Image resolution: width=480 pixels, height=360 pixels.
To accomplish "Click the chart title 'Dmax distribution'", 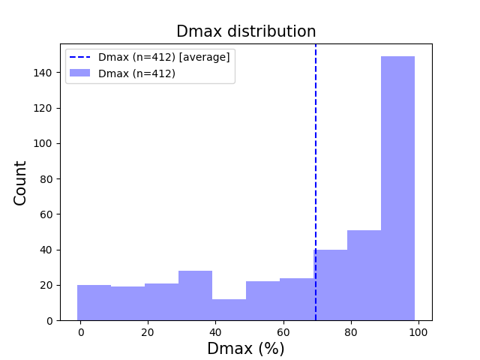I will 246,31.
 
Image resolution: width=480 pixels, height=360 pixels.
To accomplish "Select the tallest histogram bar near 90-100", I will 397,188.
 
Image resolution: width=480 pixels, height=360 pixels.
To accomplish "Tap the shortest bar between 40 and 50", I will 229,310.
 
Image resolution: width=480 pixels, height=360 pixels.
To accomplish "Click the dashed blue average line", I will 316,150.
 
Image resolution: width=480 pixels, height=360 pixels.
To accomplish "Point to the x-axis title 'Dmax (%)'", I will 246,349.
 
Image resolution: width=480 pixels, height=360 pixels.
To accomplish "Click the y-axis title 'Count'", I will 20,182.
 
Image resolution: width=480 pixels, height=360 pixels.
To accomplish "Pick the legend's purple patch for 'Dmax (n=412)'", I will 80,73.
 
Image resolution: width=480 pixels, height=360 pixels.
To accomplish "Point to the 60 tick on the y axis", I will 47,214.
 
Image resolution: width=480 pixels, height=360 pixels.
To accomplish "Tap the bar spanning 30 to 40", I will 195,295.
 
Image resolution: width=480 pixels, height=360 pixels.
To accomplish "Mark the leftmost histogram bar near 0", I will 94,303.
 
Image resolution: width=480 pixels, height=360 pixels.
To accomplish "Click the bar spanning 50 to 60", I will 262,301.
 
